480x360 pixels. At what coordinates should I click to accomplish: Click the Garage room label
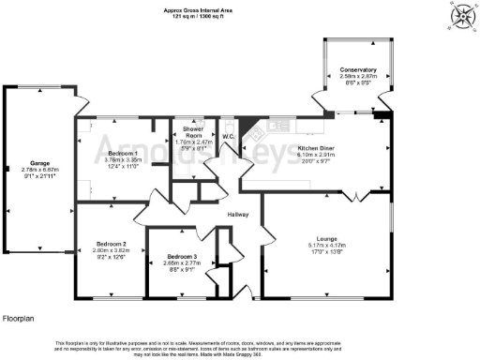(39, 162)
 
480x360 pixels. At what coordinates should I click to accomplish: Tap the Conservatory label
(358, 69)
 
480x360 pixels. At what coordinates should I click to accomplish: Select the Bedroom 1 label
(123, 152)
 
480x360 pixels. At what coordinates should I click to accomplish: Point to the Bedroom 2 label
(111, 244)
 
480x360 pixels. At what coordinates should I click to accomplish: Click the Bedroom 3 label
(183, 257)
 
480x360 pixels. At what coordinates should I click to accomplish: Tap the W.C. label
(227, 137)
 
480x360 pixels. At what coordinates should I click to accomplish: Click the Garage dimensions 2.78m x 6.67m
(39, 170)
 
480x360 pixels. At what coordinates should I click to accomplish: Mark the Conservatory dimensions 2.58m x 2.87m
(358, 77)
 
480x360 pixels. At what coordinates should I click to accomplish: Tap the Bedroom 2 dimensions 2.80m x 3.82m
(111, 251)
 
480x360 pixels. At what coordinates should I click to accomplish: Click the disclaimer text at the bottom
(240, 347)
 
